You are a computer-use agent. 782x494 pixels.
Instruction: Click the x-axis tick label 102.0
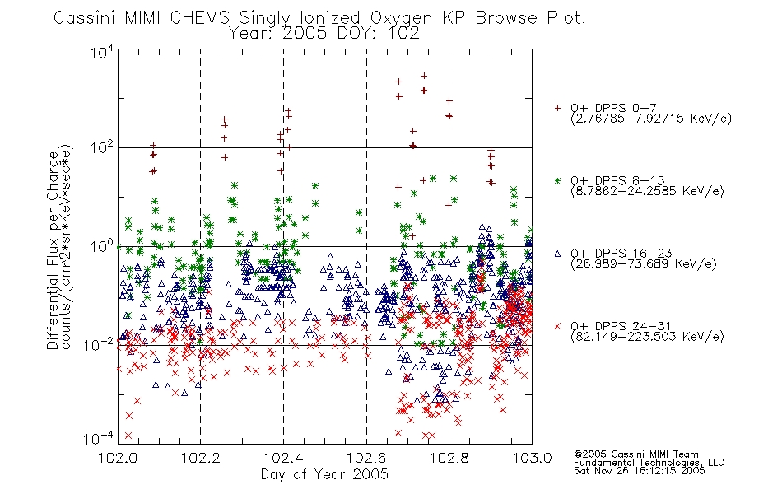pos(118,458)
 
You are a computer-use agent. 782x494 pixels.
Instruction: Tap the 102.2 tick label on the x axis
pos(201,458)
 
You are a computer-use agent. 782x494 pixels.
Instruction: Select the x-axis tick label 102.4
pos(283,458)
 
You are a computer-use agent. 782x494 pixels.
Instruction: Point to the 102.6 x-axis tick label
pos(366,458)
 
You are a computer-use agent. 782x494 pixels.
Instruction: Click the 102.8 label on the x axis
pos(449,458)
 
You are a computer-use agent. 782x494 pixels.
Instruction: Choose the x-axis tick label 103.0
pos(532,458)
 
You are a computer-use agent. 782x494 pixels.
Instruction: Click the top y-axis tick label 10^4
pos(102,52)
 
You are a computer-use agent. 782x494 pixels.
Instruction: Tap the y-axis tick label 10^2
pos(102,148)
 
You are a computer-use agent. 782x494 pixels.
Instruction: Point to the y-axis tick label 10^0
pos(102,246)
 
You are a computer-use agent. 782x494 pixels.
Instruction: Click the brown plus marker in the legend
pos(557,108)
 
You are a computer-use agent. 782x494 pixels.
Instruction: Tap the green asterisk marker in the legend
pos(557,180)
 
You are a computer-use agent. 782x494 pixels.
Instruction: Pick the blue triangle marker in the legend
pos(557,254)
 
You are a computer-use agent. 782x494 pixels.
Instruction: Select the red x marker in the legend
pos(557,326)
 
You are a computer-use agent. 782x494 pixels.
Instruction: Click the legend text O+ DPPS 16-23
pos(621,254)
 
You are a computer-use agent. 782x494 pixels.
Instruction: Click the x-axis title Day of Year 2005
pos(324,474)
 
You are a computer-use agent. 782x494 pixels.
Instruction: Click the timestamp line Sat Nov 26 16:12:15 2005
pos(639,471)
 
